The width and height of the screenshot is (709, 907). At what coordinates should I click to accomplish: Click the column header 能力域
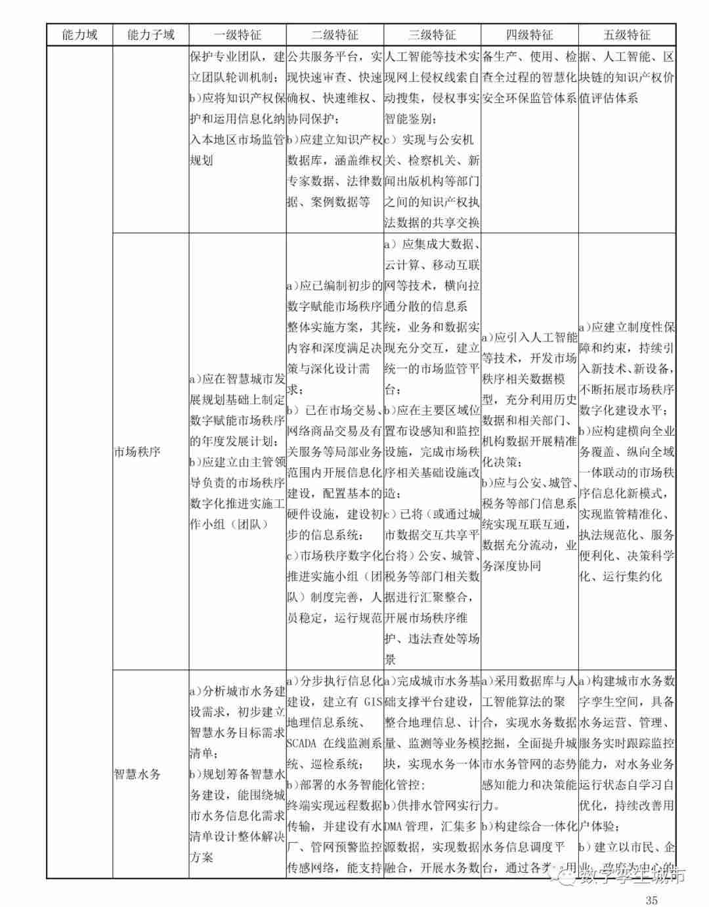pyautogui.click(x=79, y=35)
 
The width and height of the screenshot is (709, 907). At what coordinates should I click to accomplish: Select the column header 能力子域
pyautogui.click(x=150, y=35)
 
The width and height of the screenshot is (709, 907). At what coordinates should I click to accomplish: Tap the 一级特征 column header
pyautogui.click(x=237, y=35)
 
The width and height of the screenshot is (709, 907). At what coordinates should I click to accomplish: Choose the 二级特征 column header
pyautogui.click(x=334, y=35)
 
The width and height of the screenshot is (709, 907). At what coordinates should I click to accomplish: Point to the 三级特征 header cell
pyautogui.click(x=431, y=35)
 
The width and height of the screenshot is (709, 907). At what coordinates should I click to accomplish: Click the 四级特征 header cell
pyautogui.click(x=529, y=35)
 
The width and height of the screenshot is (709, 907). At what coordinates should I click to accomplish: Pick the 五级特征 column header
pyautogui.click(x=627, y=35)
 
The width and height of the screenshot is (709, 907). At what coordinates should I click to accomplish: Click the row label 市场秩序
pyautogui.click(x=137, y=452)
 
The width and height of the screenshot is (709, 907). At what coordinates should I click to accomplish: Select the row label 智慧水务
pyautogui.click(x=137, y=774)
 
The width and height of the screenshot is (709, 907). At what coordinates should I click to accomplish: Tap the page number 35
pyautogui.click(x=651, y=900)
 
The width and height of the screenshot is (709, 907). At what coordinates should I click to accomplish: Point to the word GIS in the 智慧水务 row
pyautogui.click(x=372, y=702)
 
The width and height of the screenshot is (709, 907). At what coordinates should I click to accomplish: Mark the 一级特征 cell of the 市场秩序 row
pyautogui.click(x=237, y=452)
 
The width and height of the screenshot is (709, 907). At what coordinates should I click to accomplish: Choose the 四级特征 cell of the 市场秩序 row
pyautogui.click(x=529, y=452)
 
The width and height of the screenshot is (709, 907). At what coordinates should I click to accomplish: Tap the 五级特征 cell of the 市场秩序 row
pyautogui.click(x=627, y=452)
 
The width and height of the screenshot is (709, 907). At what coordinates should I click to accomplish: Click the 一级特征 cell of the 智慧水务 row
pyautogui.click(x=237, y=774)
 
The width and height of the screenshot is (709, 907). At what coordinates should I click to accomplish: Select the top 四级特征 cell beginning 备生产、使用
pyautogui.click(x=529, y=77)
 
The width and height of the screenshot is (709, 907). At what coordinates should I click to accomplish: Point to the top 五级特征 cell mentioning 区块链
pyautogui.click(x=627, y=77)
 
